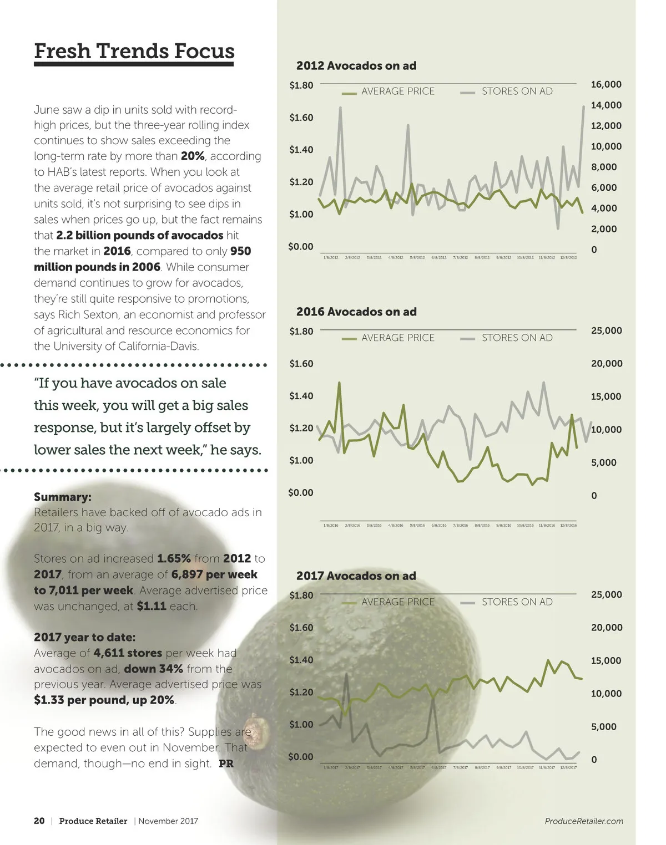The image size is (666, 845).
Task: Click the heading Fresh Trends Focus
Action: click(x=134, y=51)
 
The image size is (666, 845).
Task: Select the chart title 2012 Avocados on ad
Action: click(x=356, y=65)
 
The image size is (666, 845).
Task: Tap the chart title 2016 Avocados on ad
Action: click(x=356, y=312)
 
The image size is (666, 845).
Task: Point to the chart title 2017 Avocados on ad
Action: click(x=356, y=576)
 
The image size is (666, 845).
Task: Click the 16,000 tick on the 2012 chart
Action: click(x=606, y=84)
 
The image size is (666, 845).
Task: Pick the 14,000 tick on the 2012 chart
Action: click(x=606, y=105)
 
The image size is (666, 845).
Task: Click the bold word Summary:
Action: click(x=63, y=497)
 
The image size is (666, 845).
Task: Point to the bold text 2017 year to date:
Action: click(x=84, y=637)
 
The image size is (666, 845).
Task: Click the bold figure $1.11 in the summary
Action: click(x=152, y=606)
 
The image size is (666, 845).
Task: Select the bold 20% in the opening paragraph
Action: click(x=193, y=156)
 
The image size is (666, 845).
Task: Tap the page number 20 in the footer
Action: click(x=39, y=821)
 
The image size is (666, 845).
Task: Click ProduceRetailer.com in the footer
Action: click(x=584, y=821)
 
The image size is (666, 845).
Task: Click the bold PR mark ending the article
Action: click(x=226, y=763)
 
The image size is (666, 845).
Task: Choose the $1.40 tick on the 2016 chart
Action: click(x=301, y=396)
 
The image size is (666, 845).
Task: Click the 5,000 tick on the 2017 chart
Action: click(x=603, y=726)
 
